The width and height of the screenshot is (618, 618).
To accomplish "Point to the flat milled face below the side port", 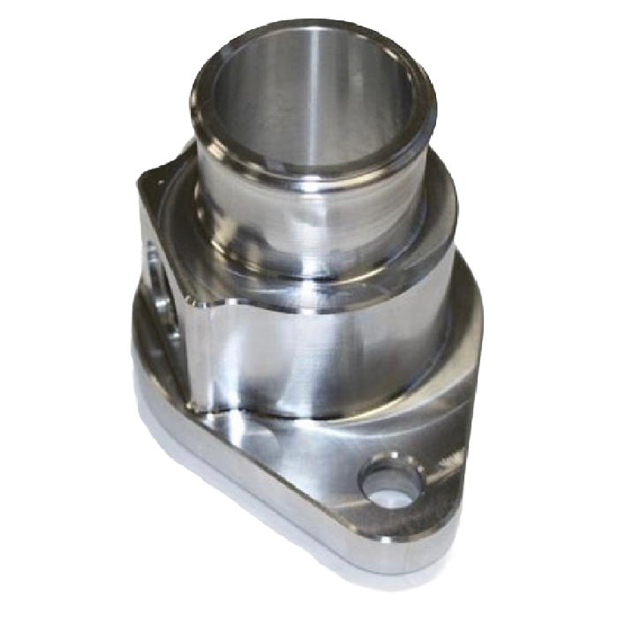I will tap(172, 353).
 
